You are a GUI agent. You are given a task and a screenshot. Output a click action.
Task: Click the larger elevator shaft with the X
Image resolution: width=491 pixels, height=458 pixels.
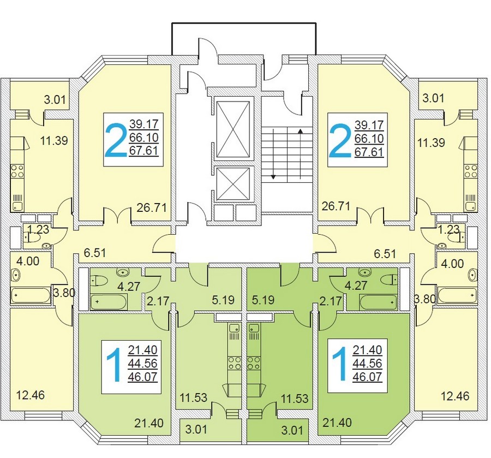(233, 129)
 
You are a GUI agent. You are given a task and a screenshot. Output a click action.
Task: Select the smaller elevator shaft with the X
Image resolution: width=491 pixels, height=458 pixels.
(233, 183)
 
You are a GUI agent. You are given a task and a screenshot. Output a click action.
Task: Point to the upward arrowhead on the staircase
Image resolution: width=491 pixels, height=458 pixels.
(300, 131)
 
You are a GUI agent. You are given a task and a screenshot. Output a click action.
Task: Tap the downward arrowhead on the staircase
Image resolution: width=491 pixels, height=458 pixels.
(273, 177)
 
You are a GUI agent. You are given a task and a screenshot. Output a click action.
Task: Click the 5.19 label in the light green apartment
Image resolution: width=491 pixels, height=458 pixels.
(223, 300)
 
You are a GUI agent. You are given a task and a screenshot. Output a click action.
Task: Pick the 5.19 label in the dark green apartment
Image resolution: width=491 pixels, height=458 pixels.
(264, 300)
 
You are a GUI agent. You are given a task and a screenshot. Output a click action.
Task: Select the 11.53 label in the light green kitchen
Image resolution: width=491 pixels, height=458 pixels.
(193, 397)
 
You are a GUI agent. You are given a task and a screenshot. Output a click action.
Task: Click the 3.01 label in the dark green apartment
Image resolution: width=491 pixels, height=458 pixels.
(292, 430)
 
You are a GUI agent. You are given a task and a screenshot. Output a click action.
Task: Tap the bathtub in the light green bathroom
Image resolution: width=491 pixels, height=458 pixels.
(109, 302)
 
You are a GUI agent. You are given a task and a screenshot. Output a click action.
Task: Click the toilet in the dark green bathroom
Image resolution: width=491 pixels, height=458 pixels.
(391, 279)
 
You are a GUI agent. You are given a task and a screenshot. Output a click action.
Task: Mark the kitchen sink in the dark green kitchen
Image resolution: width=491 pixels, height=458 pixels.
(253, 328)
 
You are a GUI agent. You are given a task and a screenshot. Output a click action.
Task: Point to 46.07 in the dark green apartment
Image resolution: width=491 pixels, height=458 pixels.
(367, 376)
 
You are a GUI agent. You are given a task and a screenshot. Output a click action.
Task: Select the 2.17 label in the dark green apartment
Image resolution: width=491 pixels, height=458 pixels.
(331, 301)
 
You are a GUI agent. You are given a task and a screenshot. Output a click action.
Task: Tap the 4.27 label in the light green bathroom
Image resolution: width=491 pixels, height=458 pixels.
(129, 286)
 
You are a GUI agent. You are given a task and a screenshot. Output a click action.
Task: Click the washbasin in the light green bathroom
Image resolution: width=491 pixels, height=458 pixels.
(122, 272)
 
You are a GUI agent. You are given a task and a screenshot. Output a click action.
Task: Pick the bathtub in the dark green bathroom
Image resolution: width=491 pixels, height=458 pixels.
(378, 302)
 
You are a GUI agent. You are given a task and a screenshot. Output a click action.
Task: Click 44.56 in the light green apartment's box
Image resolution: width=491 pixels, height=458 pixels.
(142, 363)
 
